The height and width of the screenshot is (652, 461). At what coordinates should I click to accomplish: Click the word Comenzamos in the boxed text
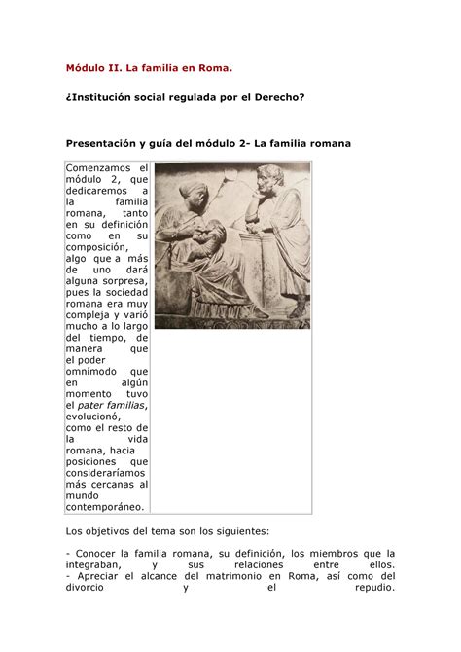[106, 168]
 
